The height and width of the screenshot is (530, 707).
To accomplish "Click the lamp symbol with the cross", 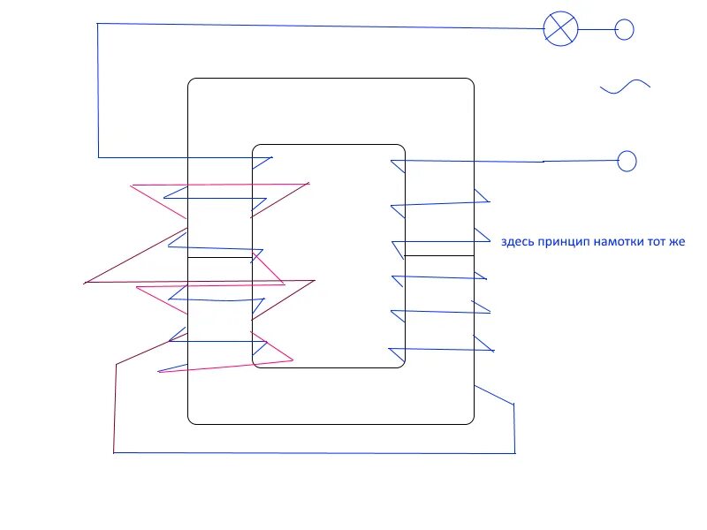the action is [x=559, y=28].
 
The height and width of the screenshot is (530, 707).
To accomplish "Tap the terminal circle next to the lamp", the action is [x=624, y=29].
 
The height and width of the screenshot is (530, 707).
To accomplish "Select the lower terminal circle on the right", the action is [x=627, y=161].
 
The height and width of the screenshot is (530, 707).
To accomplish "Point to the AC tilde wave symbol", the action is [x=625, y=86].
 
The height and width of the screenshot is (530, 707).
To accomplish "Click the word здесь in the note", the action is [x=517, y=242].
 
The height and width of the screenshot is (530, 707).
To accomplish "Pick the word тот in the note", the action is [x=659, y=242].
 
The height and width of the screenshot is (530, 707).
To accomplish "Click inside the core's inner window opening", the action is [x=329, y=256].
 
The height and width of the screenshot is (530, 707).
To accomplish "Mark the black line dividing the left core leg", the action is [x=220, y=258].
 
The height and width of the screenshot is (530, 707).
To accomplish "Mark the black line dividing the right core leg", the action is [x=439, y=255].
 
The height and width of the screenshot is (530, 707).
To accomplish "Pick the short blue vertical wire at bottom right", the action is [x=514, y=428].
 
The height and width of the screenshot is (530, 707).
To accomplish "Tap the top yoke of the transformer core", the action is [x=331, y=110].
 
